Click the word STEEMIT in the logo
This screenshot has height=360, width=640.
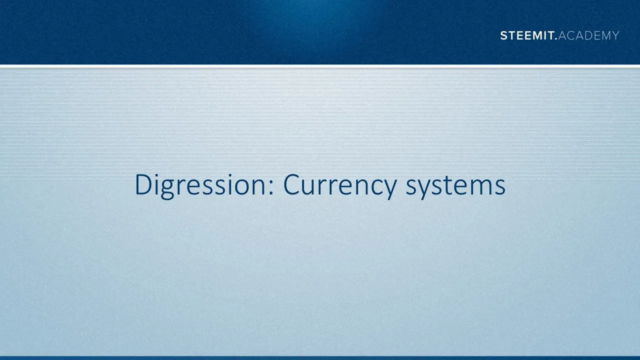tap(527, 35)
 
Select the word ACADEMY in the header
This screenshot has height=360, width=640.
tap(589, 35)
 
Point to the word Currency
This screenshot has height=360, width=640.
tap(339, 185)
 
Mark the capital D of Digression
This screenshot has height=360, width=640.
tap(143, 184)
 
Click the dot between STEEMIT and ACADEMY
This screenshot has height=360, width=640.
tap(555, 39)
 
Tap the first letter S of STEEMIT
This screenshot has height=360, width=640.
tap(504, 35)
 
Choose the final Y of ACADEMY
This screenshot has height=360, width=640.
tap(615, 35)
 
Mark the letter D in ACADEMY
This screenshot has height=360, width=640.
tap(585, 35)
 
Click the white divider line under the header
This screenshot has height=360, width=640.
tap(320, 66)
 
